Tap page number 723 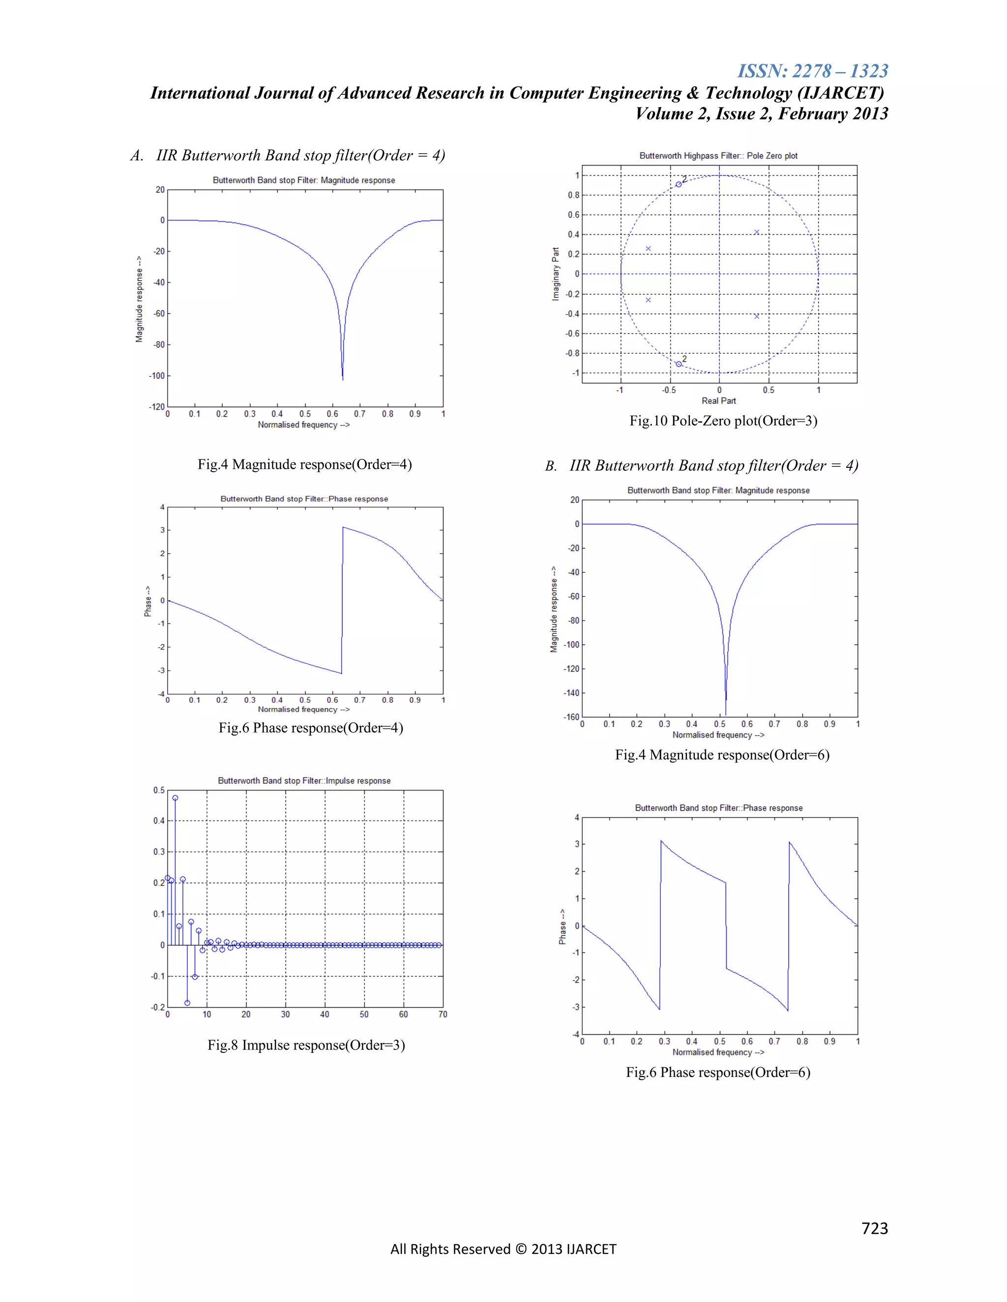[875, 1228]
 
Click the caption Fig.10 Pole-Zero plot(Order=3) [723, 421]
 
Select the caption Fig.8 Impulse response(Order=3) [306, 1045]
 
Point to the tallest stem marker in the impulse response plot [175, 797]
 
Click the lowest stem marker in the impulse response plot [187, 1003]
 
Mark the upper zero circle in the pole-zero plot [678, 184]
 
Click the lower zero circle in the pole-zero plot [678, 364]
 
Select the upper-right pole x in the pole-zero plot [756, 232]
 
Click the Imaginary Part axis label [556, 274]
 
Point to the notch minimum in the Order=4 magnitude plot [342, 378]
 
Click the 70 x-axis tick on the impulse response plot [443, 1014]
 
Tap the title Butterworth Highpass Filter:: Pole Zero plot [718, 156]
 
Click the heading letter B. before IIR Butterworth [551, 466]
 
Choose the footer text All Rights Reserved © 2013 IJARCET [503, 1249]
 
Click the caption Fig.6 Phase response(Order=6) [718, 1073]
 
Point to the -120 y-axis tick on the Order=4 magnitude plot [157, 407]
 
